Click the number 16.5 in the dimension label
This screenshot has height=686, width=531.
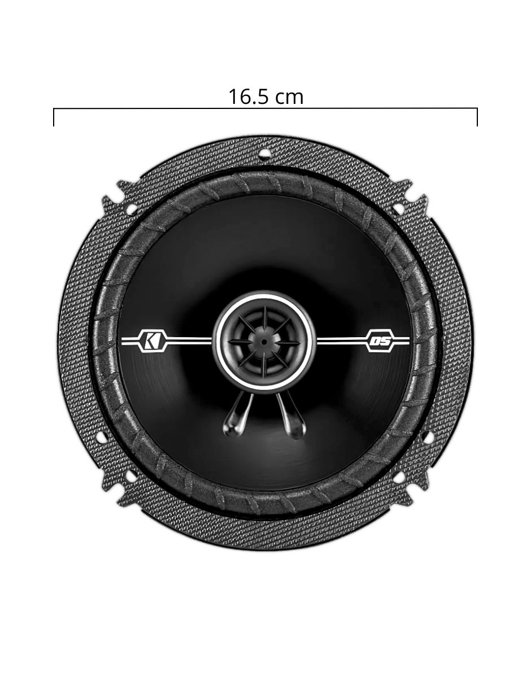(249, 97)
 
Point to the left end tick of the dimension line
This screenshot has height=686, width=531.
(54, 117)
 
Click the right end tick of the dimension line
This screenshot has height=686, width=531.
(477, 117)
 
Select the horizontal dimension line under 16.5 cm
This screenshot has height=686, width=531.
(265, 108)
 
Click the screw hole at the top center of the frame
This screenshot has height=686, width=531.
(264, 153)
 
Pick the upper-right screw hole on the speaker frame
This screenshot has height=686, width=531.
(399, 209)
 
